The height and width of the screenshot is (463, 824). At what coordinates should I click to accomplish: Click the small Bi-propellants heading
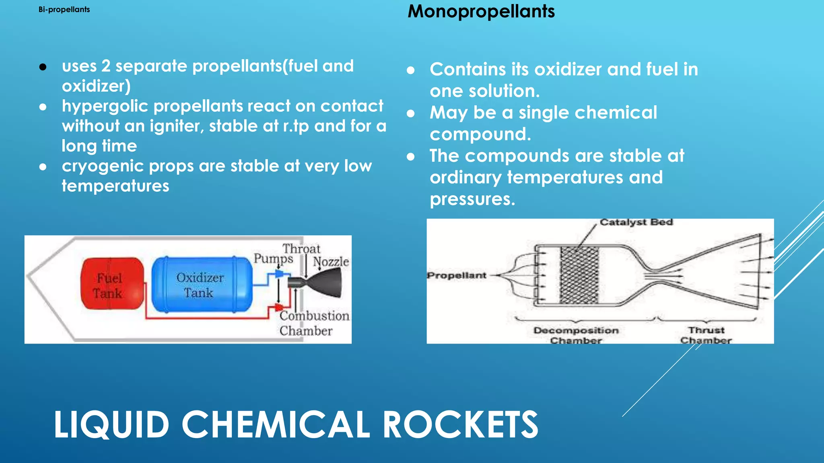tap(64, 10)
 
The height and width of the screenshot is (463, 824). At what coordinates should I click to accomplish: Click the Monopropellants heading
tap(481, 11)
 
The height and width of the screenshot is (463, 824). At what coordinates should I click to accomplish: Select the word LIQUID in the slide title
tap(111, 424)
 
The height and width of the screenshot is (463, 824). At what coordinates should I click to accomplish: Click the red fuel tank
tap(111, 284)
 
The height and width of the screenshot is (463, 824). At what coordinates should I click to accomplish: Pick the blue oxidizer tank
tap(201, 285)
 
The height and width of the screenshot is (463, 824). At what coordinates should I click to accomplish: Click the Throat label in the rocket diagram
tap(301, 249)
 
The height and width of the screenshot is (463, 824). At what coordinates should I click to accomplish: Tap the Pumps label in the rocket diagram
tap(273, 258)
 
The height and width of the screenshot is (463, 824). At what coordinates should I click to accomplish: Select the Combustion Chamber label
tap(314, 323)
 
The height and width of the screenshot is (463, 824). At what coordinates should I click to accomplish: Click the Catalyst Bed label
tap(636, 222)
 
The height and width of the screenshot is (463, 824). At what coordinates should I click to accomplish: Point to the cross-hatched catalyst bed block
tap(579, 275)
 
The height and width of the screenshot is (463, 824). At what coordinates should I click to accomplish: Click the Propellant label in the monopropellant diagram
tap(457, 276)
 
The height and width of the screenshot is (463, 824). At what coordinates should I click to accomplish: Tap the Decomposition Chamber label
tap(576, 335)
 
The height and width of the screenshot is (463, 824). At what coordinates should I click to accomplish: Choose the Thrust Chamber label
tap(706, 335)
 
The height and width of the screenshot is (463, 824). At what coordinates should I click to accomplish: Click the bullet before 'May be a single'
tap(410, 114)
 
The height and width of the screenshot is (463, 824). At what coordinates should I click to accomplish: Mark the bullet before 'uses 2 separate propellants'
tap(43, 67)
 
